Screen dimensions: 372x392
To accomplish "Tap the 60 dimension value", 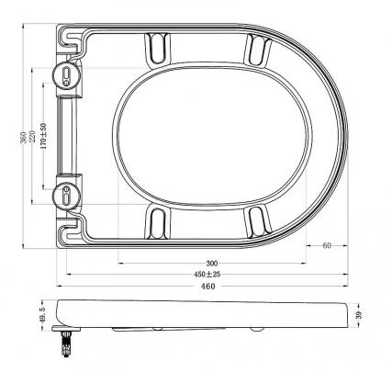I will pos(326,245).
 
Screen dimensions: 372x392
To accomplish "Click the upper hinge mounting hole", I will pos(67,75).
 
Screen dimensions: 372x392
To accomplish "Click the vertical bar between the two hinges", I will pos(67,134).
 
